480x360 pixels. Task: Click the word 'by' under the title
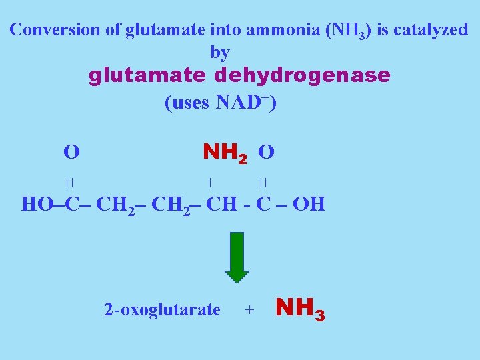click(220, 51)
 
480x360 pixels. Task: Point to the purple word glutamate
click(147, 75)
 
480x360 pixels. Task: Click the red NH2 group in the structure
click(225, 153)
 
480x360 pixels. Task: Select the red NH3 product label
click(300, 309)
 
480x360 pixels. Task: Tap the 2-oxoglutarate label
click(162, 309)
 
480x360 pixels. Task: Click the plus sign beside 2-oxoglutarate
click(249, 309)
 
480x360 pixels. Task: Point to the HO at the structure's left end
click(37, 203)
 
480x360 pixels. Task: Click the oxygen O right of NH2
click(265, 153)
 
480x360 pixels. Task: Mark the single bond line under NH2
click(210, 181)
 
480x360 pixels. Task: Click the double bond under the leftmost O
click(69, 181)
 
